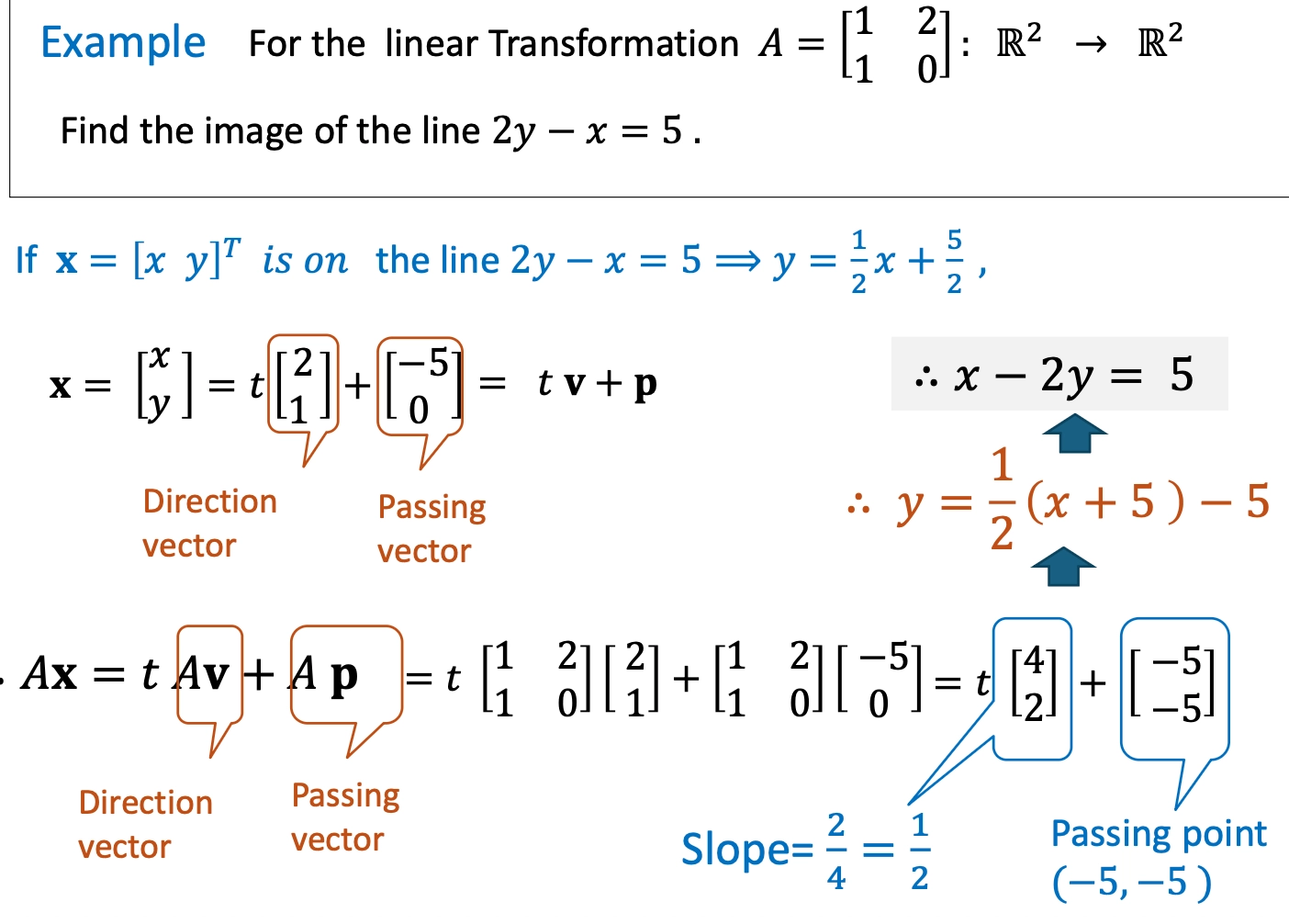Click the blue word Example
tap(123, 43)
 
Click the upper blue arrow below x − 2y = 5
tap(1074, 433)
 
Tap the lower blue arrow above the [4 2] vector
tap(1063, 566)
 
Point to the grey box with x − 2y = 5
tap(1059, 374)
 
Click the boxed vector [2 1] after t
tap(303, 385)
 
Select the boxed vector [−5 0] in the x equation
tap(420, 385)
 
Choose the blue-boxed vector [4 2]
tap(1033, 684)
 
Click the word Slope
tap(735, 850)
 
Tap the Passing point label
tap(1159, 834)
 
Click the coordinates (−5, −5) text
tap(1131, 883)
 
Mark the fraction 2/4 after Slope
tap(835, 851)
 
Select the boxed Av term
tap(208, 675)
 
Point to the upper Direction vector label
tap(209, 524)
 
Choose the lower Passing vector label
tap(345, 817)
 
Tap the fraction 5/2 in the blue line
tap(954, 262)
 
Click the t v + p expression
tap(597, 383)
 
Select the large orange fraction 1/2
tap(1002, 500)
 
